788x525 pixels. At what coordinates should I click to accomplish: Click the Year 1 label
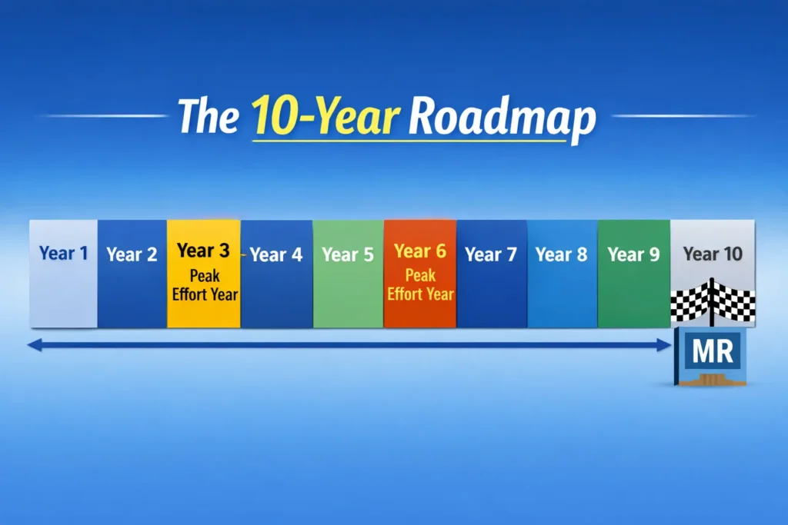64,253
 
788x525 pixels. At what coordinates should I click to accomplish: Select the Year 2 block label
132,254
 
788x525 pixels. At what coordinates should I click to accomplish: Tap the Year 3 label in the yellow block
203,251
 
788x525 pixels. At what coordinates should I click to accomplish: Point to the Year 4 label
276,254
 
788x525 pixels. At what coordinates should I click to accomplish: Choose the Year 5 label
348,254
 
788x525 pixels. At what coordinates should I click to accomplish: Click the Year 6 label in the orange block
420,251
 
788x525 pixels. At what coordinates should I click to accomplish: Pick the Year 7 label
491,254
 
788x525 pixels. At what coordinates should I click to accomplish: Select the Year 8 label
562,254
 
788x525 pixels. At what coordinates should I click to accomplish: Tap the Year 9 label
633,254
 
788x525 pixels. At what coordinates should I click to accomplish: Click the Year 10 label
713,254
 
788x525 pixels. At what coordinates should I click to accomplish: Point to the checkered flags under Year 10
713,301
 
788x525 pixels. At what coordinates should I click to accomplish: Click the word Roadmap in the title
503,118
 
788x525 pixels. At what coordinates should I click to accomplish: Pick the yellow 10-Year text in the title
326,118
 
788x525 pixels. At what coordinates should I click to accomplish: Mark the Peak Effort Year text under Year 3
203,285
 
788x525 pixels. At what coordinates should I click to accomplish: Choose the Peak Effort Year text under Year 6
420,284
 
